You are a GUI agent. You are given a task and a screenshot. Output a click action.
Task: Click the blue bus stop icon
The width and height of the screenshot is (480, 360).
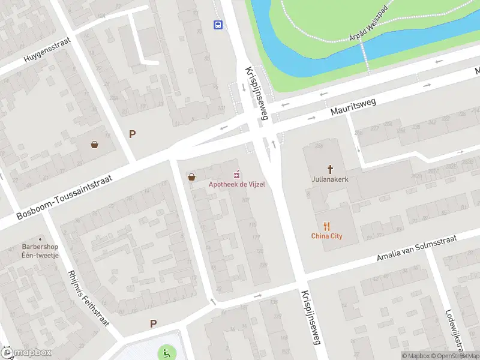(218, 25)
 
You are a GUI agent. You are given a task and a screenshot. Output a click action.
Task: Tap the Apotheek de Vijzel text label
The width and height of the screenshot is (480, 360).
(236, 184)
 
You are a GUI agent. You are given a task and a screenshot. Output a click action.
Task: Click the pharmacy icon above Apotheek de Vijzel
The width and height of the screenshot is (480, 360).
(237, 175)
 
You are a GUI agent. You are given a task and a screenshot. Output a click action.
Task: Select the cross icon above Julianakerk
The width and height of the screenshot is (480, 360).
(329, 169)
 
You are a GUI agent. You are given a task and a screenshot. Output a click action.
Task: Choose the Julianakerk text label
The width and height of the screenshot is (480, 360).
(329, 178)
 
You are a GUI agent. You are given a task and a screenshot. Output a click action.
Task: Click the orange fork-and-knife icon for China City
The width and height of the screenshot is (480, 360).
(326, 226)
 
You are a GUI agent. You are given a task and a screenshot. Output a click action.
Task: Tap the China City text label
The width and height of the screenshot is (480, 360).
(326, 236)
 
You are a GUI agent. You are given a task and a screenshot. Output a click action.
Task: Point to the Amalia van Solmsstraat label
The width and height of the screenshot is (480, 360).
(416, 248)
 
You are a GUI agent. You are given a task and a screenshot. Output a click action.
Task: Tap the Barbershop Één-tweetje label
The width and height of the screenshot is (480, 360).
(40, 250)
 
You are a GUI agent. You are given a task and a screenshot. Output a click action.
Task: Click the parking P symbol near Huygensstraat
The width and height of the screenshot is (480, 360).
(132, 134)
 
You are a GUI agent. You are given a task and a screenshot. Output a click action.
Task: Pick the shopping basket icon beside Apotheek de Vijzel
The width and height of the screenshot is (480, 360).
(191, 176)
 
